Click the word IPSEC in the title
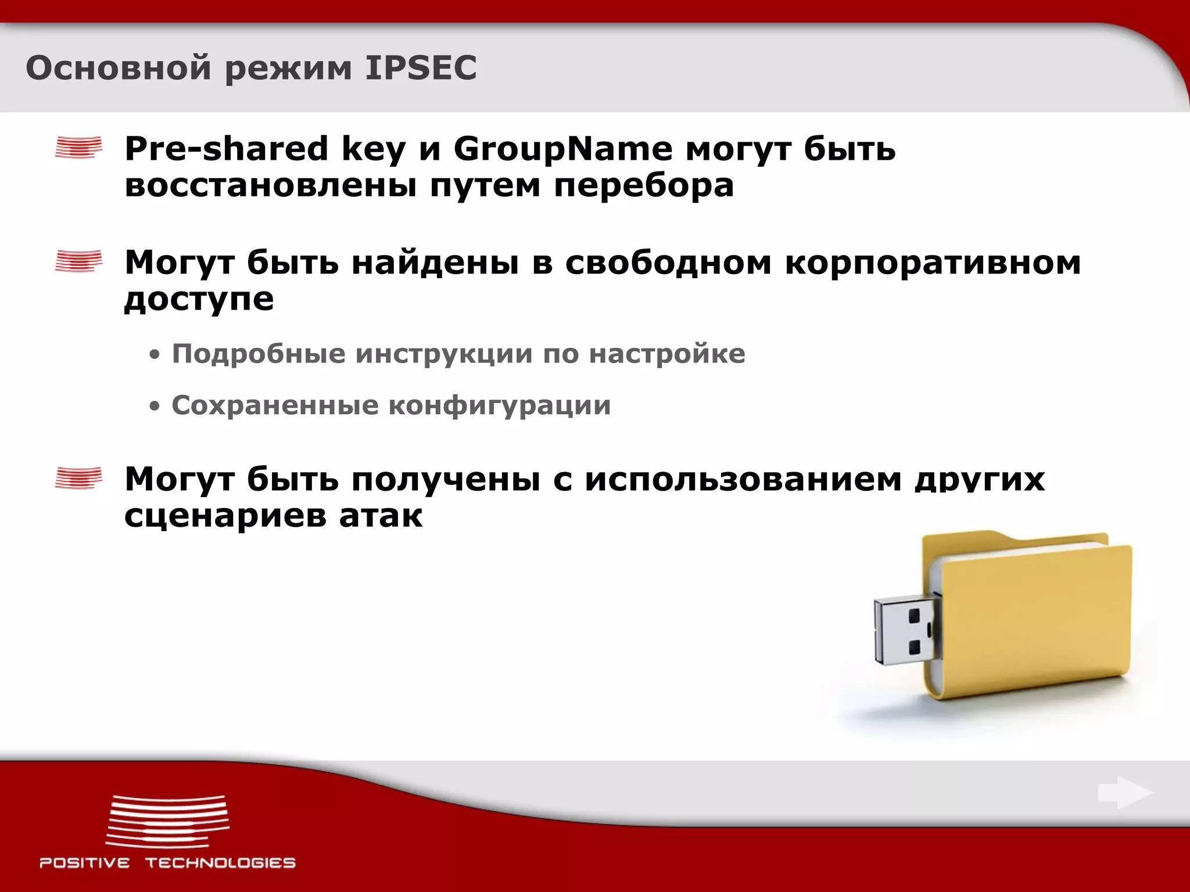[421, 68]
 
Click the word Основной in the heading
[118, 68]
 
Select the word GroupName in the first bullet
[562, 149]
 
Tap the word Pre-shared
[227, 149]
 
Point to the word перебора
[644, 186]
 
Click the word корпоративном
[933, 262]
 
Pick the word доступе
[199, 300]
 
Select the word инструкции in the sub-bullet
[444, 354]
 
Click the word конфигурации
[500, 405]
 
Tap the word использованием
[743, 480]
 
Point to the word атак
[381, 516]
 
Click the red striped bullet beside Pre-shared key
[78, 148]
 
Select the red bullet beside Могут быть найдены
[78, 261]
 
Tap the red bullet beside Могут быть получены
[78, 479]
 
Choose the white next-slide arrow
[1124, 793]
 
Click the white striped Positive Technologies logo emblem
[168, 821]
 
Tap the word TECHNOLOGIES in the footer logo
[220, 863]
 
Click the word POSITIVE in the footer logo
[85, 863]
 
